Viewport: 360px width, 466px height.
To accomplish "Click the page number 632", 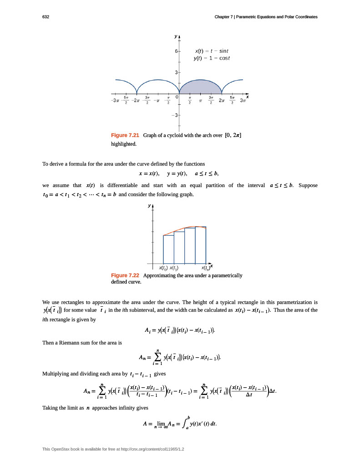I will [x=46, y=17].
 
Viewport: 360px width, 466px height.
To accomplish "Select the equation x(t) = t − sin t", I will [x=209, y=51].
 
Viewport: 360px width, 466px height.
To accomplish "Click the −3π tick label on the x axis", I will [x=116, y=100].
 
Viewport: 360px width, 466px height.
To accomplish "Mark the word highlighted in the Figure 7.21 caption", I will [x=124, y=144].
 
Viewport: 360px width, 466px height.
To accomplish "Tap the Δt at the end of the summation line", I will [x=272, y=391].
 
